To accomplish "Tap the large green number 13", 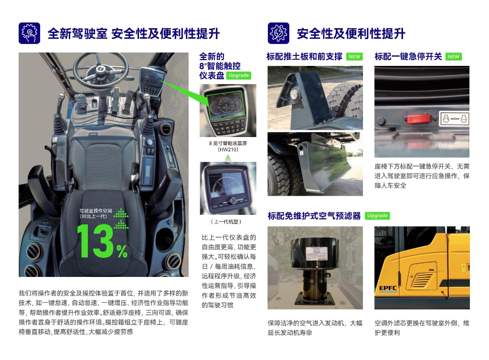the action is point(95,241).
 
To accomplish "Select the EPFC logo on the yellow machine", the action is point(388,289).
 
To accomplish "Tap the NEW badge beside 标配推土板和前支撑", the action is point(354,56).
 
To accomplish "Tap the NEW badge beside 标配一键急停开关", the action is point(454,56).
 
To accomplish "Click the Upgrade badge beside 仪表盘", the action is point(239,75).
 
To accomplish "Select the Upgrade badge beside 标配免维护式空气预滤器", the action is point(377,215).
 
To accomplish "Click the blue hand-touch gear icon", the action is point(29,33).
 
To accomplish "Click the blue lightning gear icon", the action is point(278,33).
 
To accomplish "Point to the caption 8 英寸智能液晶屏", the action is point(228,143).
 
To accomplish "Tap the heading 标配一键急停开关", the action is point(408,56).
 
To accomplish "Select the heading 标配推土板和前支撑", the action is point(304,56).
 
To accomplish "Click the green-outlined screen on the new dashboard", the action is point(225,106).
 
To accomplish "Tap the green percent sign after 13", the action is point(122,251).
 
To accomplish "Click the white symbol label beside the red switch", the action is point(454,118).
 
